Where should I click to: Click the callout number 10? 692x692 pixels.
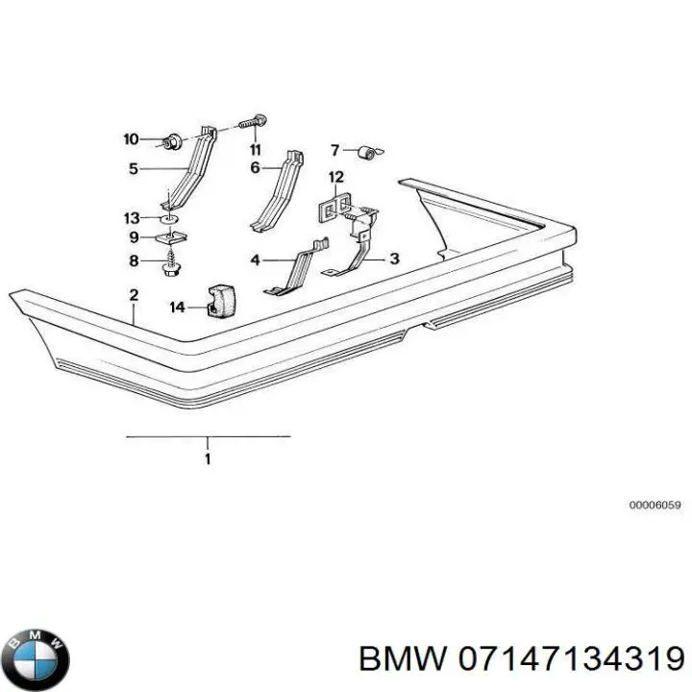coord(132,139)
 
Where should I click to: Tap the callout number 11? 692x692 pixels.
coord(255,150)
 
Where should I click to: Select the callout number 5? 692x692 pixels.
coord(134,169)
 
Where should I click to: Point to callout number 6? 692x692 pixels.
coord(256,168)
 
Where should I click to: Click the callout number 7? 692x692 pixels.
coord(335,149)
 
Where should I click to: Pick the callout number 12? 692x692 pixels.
coord(335,177)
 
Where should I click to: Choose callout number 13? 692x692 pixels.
coord(132,217)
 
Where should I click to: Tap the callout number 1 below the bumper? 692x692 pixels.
coord(208,458)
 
